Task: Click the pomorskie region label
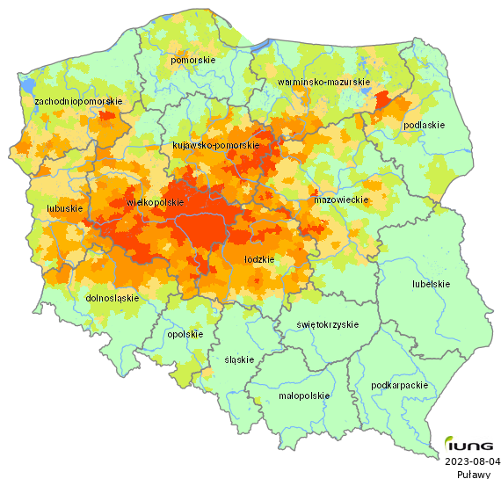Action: click(193, 60)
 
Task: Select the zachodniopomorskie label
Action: click(77, 102)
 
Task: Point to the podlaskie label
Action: click(424, 126)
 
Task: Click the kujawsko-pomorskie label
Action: click(214, 145)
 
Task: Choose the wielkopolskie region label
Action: click(156, 202)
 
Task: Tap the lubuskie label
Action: click(64, 209)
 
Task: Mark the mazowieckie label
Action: click(340, 200)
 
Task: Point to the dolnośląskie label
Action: click(113, 298)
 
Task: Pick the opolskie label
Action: click(185, 334)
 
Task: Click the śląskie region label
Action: click(239, 360)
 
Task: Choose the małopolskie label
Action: click(303, 396)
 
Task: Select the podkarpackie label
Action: click(400, 385)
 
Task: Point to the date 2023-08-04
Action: click(473, 461)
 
